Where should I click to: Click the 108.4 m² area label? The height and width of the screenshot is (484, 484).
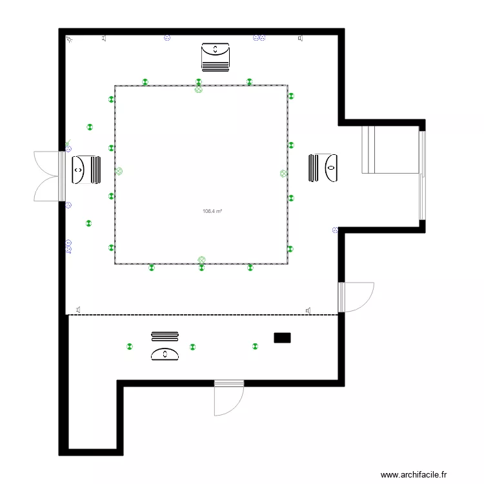tap(212, 211)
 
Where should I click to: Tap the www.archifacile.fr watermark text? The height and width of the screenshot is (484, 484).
tap(414, 474)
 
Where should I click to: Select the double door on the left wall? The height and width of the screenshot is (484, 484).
tap(49, 176)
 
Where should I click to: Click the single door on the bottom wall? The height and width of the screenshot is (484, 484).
tap(229, 397)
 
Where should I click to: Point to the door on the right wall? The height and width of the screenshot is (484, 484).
tap(356, 297)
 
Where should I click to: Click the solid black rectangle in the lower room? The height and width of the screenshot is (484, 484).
tap(282, 338)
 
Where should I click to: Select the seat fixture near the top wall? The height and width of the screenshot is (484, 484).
tap(216, 56)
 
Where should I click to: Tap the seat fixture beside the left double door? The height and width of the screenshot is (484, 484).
tap(86, 170)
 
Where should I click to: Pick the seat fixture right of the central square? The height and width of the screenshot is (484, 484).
tap(323, 168)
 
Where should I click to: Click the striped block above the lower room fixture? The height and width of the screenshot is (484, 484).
tap(165, 336)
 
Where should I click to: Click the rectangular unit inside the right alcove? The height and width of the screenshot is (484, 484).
tap(368, 150)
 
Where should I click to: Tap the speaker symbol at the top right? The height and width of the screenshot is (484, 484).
tap(300, 39)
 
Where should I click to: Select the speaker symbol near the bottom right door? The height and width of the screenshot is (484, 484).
tap(309, 310)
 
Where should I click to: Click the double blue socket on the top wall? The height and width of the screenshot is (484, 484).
tap(259, 38)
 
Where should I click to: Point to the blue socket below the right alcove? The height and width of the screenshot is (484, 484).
tap(335, 230)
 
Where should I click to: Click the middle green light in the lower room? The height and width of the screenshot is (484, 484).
tap(192, 347)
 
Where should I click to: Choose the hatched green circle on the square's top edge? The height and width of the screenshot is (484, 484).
tap(199, 90)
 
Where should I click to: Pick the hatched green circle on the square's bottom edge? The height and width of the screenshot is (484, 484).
tap(201, 259)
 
